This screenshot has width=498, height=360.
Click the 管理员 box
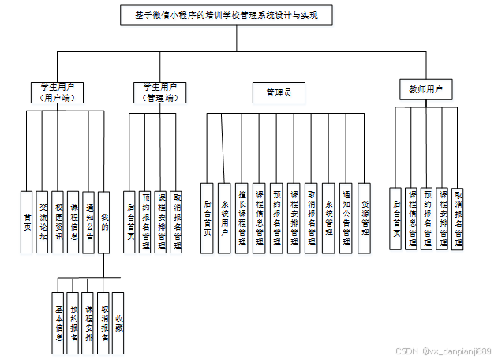[x=279, y=92]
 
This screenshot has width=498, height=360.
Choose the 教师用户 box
[x=425, y=89]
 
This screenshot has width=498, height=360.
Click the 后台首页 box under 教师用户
[x=395, y=218]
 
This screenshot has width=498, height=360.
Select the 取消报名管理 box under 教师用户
[x=459, y=218]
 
